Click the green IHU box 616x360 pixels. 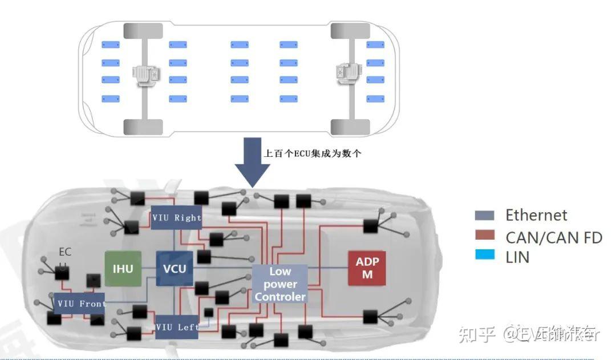point(123,268)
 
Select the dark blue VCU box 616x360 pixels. point(175,268)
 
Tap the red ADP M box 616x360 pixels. point(367,268)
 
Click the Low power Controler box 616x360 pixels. point(280,284)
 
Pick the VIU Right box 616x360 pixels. point(176,217)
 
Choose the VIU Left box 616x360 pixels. point(176,327)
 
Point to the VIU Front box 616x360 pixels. point(80,304)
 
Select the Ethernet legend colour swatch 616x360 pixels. point(484,216)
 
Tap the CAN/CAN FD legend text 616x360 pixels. point(553,237)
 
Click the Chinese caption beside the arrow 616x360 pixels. point(312,153)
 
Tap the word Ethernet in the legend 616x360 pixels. point(536,215)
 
